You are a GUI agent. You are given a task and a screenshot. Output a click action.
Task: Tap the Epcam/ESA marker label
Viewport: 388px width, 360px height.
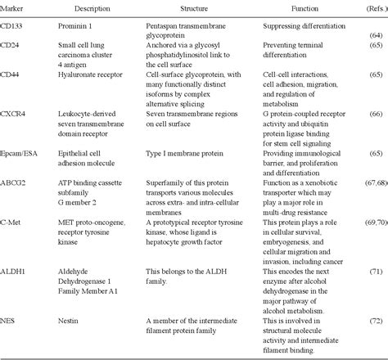[20, 153]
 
